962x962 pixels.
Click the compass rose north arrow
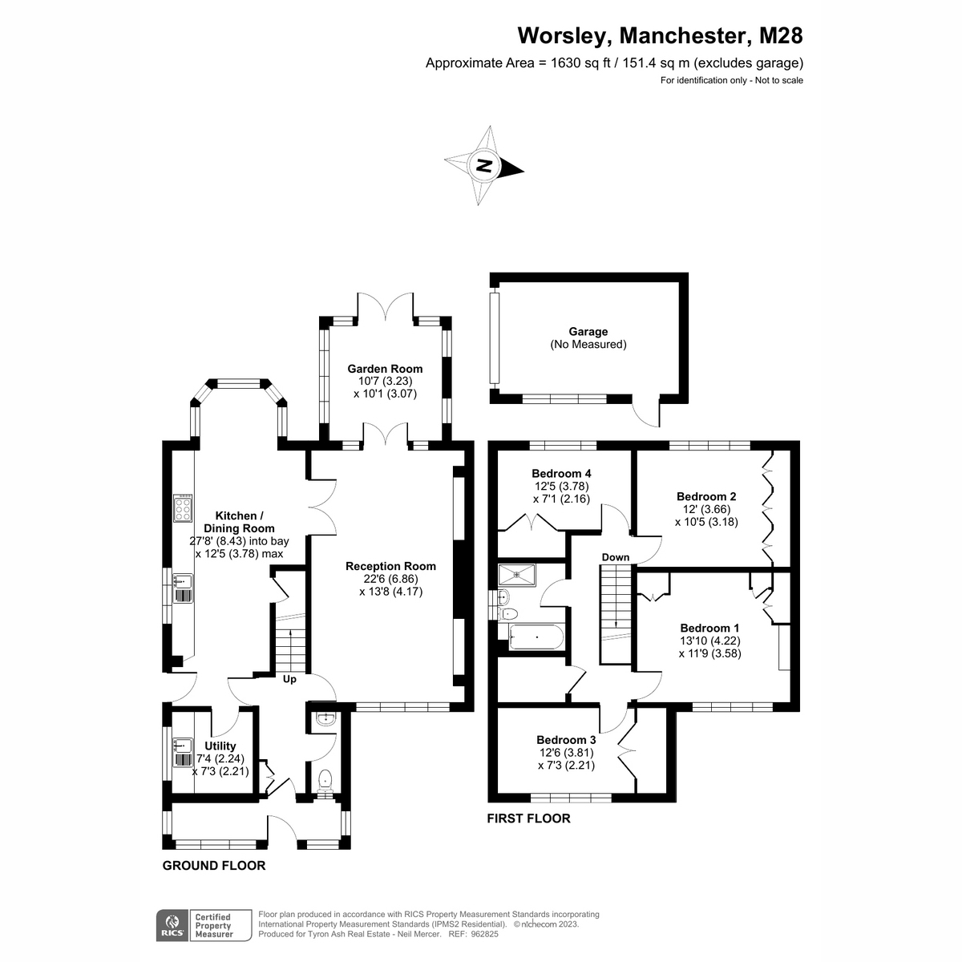(x=485, y=166)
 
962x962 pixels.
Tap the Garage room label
(x=588, y=332)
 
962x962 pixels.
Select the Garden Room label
(x=385, y=369)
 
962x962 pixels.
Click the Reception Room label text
(x=390, y=566)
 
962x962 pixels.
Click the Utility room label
(x=220, y=745)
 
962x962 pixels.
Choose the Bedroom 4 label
(x=561, y=473)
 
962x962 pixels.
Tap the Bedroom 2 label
(x=706, y=496)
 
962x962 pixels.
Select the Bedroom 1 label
(x=709, y=628)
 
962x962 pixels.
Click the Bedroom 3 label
(x=566, y=740)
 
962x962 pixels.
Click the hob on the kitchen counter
(x=183, y=508)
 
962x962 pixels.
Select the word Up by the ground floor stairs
(x=289, y=679)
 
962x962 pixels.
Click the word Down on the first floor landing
(x=615, y=557)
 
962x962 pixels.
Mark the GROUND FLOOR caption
(x=213, y=866)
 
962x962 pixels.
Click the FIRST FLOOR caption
(x=529, y=819)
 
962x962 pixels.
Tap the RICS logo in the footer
(x=170, y=924)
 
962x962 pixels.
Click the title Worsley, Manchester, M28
(x=659, y=36)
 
